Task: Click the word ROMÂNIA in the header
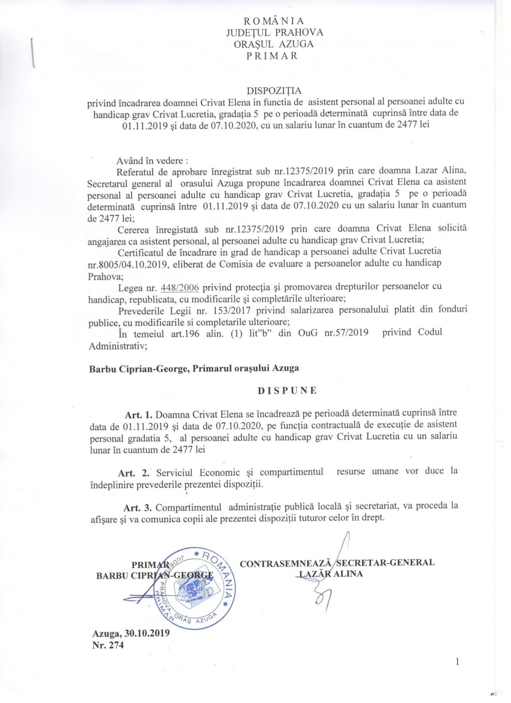click(274, 21)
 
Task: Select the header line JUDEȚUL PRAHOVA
click(274, 33)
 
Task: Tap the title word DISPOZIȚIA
click(274, 91)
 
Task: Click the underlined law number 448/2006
click(179, 287)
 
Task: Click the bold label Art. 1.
click(139, 415)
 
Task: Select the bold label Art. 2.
click(134, 473)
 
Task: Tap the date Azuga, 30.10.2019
click(131, 634)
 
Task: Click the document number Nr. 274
click(108, 645)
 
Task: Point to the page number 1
click(457, 662)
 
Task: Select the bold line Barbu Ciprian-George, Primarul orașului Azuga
click(194, 369)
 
